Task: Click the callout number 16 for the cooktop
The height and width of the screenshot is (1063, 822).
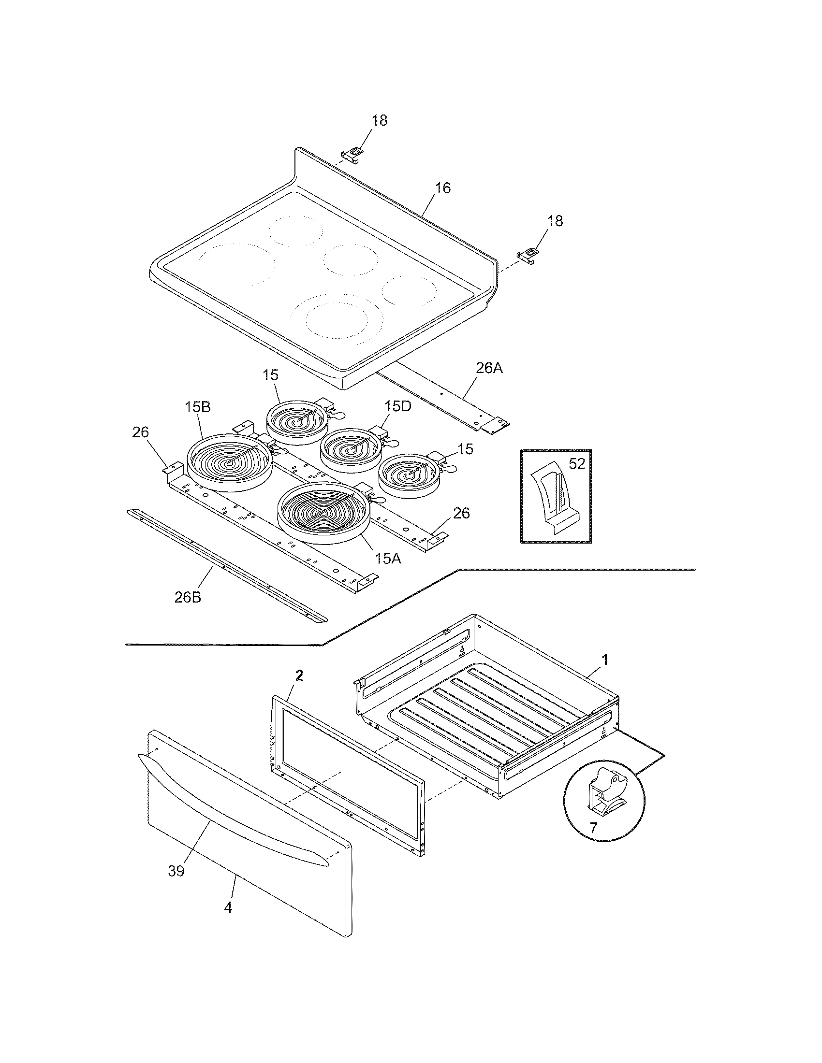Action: click(442, 188)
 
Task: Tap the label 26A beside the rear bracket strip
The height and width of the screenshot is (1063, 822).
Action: click(489, 369)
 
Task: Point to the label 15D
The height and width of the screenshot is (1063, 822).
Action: click(397, 405)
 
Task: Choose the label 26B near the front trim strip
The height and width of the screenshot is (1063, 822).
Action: click(188, 597)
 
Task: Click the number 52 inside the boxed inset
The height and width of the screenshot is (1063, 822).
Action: click(576, 464)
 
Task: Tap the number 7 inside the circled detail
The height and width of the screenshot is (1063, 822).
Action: click(593, 828)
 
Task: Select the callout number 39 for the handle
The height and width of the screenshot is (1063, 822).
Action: click(176, 871)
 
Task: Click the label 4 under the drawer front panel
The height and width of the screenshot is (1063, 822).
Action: click(228, 907)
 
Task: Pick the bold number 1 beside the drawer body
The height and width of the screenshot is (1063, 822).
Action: click(605, 660)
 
